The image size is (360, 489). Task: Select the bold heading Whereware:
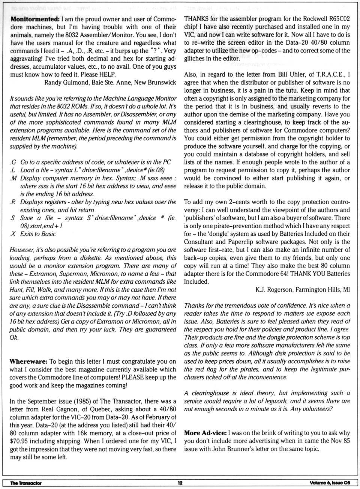coord(28,361)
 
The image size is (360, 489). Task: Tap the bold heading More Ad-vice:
coord(205,433)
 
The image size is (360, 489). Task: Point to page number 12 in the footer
coord(180,483)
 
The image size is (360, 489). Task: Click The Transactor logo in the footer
coord(26,483)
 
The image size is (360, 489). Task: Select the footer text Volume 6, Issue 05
coord(330,483)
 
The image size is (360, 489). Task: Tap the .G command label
coord(13,162)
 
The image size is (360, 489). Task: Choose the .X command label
coord(13,234)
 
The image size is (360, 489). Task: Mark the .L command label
coord(13,170)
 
